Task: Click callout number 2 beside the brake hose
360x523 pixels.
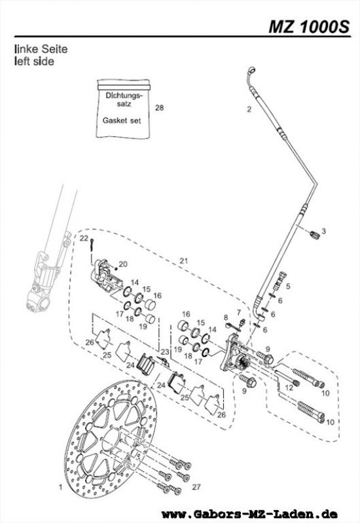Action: click(249, 110)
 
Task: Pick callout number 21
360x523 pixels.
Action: click(184, 261)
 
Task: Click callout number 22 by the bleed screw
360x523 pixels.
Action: click(84, 240)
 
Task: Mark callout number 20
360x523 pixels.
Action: click(124, 264)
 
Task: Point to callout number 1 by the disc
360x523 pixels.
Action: click(60, 488)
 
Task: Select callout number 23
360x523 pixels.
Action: click(165, 353)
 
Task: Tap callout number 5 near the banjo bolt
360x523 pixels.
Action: click(289, 287)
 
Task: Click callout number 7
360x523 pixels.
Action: click(239, 312)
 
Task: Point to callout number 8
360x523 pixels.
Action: click(226, 318)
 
